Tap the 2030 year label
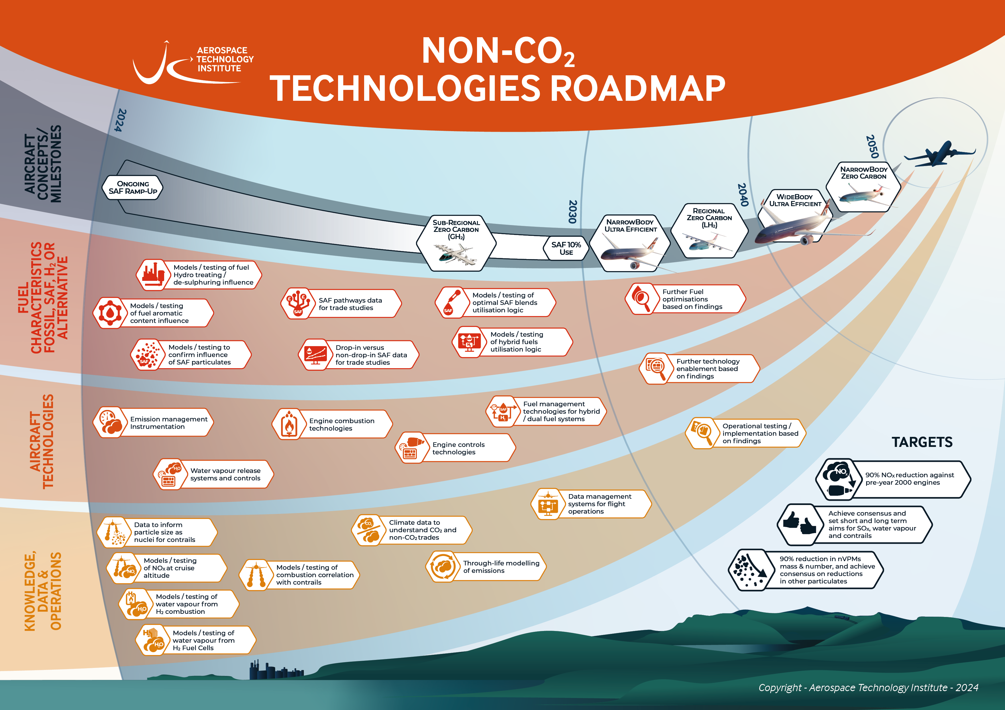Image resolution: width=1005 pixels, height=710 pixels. (572, 212)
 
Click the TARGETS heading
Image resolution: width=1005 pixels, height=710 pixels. (922, 442)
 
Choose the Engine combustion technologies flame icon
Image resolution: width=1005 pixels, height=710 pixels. (288, 423)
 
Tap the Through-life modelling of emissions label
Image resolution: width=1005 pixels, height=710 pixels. (501, 567)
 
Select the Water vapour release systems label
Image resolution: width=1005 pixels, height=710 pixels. (225, 474)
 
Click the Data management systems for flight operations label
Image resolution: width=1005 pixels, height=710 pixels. (600, 504)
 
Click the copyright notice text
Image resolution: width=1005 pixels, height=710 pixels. (868, 688)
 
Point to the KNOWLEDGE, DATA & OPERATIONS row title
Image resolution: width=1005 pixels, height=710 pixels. (42, 591)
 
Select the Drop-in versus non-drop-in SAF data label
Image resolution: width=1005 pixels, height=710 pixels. (371, 355)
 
